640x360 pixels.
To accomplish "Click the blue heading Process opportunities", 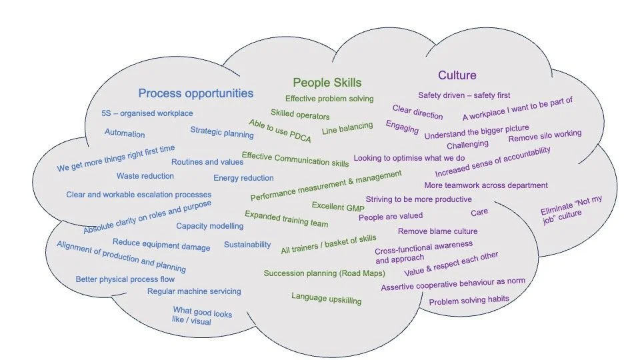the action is pyautogui.click(x=195, y=93).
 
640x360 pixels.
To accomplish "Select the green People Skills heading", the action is pyautogui.click(x=327, y=83).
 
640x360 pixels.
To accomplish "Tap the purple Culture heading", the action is pyautogui.click(x=457, y=75).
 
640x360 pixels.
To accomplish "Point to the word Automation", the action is pyautogui.click(x=125, y=133).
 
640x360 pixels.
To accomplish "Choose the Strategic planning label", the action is pyautogui.click(x=222, y=133).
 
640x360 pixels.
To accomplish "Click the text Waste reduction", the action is pyautogui.click(x=145, y=176).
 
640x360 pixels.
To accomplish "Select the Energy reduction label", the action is pyautogui.click(x=243, y=178).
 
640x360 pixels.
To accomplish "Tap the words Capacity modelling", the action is pyautogui.click(x=210, y=226).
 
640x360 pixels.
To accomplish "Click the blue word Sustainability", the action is pyautogui.click(x=247, y=245).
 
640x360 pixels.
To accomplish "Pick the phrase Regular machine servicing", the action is pyautogui.click(x=194, y=291).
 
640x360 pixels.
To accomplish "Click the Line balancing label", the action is pyautogui.click(x=347, y=129).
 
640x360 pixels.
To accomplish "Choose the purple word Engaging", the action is pyautogui.click(x=402, y=127).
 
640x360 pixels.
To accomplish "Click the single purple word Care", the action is pyautogui.click(x=479, y=212).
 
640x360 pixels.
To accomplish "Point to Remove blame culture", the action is pyautogui.click(x=438, y=231).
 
